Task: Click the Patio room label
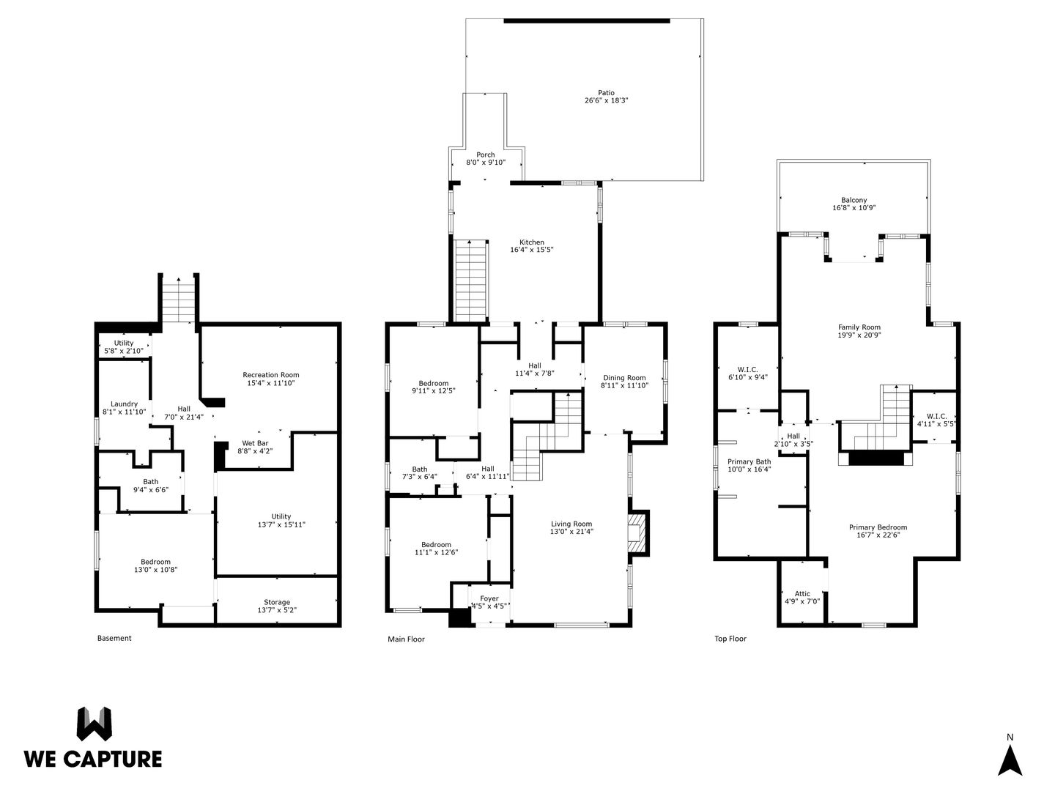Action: (x=606, y=93)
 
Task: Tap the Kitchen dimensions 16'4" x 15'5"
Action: (x=532, y=250)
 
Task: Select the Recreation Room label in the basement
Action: (x=270, y=374)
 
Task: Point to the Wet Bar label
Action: (x=255, y=443)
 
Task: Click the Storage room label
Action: (x=277, y=602)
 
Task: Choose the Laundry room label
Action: (x=124, y=404)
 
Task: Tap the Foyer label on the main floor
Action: (x=489, y=598)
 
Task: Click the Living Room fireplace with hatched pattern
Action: (x=638, y=533)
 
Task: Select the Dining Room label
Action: (x=624, y=377)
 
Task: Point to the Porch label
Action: (x=486, y=155)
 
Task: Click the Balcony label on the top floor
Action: (x=854, y=200)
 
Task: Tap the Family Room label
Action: (x=859, y=327)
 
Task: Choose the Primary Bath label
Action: (x=749, y=461)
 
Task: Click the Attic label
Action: (x=802, y=593)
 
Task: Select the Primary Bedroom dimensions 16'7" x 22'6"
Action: (x=878, y=535)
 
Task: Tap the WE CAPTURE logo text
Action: (x=93, y=760)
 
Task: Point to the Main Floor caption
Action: (x=406, y=639)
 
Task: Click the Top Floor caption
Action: (x=730, y=639)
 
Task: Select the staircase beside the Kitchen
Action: (x=470, y=281)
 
